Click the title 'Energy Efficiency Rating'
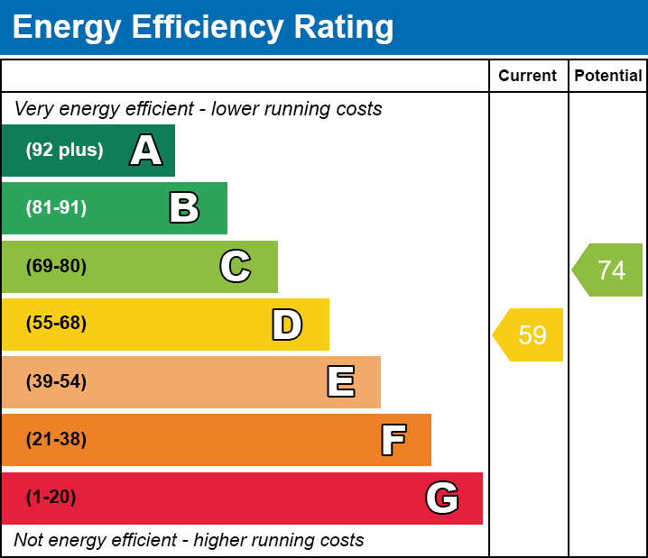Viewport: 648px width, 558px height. (203, 27)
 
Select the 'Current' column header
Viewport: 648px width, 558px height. (528, 77)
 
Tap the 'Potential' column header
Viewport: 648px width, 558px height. (608, 77)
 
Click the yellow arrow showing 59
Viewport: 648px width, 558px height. (529, 335)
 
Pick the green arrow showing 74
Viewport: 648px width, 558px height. (608, 270)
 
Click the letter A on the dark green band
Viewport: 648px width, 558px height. (146, 151)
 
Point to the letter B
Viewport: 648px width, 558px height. (184, 208)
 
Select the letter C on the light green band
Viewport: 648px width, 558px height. (236, 266)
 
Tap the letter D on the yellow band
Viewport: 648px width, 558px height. (287, 325)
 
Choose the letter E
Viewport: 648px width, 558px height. (340, 382)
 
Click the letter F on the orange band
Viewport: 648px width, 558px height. (393, 440)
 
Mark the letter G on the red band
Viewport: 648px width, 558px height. (442, 498)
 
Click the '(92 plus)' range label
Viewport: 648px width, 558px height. (64, 151)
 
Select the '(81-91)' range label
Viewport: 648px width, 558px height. (56, 208)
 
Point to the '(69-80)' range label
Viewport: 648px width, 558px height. (56, 266)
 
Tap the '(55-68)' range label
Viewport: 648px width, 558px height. (56, 324)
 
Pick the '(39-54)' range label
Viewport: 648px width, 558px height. (56, 382)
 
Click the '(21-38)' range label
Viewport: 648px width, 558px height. (56, 440)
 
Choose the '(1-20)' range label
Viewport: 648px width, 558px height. (51, 498)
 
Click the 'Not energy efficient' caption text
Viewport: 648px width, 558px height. (189, 541)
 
